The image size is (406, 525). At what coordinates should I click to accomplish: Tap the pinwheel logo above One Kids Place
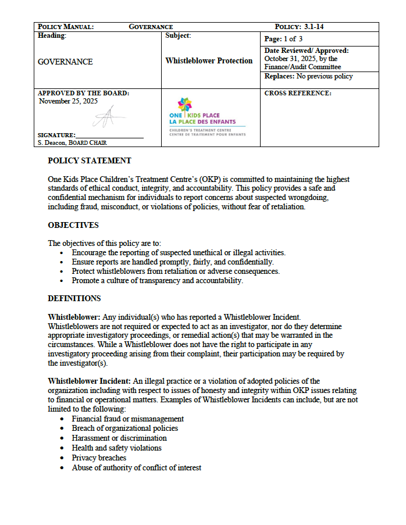pos(184,106)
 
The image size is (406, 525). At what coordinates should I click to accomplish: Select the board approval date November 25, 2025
pos(69,101)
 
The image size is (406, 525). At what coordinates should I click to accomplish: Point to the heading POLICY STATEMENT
pos(89,161)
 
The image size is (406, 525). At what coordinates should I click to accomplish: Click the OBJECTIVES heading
pos(73,225)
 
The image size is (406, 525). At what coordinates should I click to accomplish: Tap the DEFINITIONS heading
pos(74,299)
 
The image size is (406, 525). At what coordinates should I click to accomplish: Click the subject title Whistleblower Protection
pos(209,61)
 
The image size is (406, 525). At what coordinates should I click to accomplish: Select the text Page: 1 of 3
pos(284,39)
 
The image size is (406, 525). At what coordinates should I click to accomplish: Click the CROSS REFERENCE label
pos(298,93)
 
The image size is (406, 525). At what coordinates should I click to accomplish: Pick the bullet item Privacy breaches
pos(99,458)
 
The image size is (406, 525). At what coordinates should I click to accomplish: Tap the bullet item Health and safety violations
pos(116,448)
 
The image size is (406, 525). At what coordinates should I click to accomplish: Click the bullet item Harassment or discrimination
pos(119,438)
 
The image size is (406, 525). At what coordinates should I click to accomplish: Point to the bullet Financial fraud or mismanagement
pos(127,419)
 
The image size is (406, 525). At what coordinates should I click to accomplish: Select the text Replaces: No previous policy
pos(308,76)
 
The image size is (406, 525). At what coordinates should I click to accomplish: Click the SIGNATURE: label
pos(56,135)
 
